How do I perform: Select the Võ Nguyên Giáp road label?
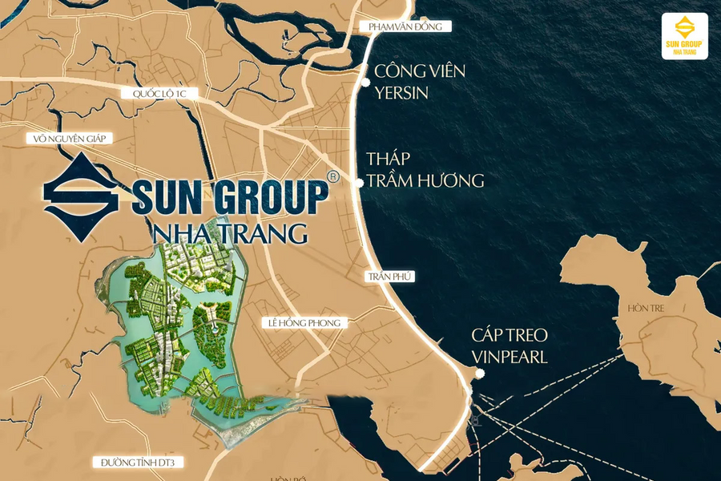69,138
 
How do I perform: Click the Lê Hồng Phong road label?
305,323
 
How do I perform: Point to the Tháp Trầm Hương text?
425,169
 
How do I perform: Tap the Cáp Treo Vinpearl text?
509,346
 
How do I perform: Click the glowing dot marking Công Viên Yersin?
366,82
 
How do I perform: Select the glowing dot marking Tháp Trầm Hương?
360,183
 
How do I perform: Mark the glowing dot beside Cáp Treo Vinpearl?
478,374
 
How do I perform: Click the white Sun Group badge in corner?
684,36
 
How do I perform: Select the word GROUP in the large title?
268,198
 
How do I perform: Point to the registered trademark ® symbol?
333,175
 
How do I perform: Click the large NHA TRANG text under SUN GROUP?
229,233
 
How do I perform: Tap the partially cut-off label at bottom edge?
284,478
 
